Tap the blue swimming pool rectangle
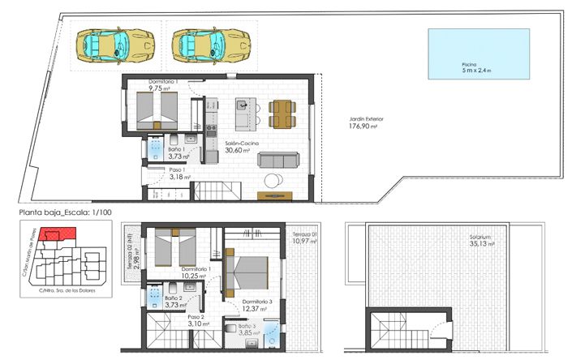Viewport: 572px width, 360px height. [x=479, y=54]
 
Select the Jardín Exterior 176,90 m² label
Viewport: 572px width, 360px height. [x=366, y=122]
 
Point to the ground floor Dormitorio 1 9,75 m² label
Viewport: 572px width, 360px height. [x=165, y=85]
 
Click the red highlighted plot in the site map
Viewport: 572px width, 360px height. [x=58, y=235]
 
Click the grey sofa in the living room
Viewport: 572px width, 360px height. [x=277, y=160]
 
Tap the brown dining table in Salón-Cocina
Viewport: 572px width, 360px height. [x=281, y=114]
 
